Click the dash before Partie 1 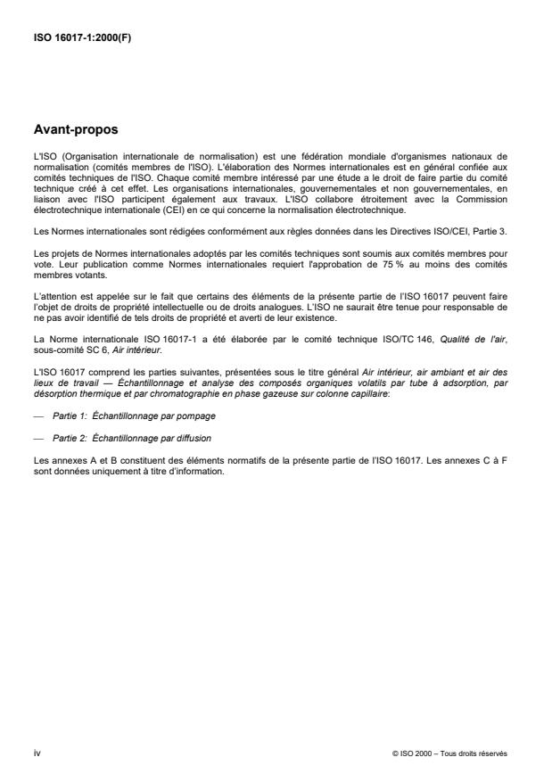tap(37, 416)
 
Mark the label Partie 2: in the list tap(68, 439)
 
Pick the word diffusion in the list tap(195, 439)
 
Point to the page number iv tap(36, 753)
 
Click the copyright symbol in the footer tap(394, 753)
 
